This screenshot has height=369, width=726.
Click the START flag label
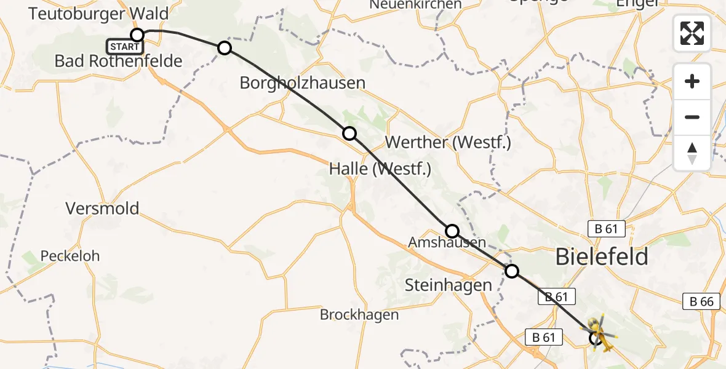[x=125, y=47]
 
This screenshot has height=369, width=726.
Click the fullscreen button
[x=692, y=33]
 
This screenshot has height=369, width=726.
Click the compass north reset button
[x=692, y=153]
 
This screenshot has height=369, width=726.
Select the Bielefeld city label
[x=601, y=256]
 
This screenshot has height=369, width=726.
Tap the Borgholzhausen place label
[x=302, y=83]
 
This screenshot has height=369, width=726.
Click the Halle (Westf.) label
[x=380, y=169]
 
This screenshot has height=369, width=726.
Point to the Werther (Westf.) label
[x=447, y=143]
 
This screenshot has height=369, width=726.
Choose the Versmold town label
[x=102, y=208]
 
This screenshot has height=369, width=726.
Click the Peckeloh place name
[x=70, y=255]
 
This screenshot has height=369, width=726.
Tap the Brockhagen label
[x=359, y=315]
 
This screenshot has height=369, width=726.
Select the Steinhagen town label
[x=449, y=285]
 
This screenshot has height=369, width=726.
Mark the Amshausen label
[x=447, y=243]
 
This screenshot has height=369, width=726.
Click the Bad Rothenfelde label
[x=118, y=61]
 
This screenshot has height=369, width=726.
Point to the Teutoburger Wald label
[x=98, y=14]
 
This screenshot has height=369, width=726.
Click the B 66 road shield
[x=701, y=302]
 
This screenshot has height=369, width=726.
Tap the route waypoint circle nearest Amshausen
[x=452, y=231]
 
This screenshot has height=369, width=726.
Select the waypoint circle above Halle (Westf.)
[x=349, y=133]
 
